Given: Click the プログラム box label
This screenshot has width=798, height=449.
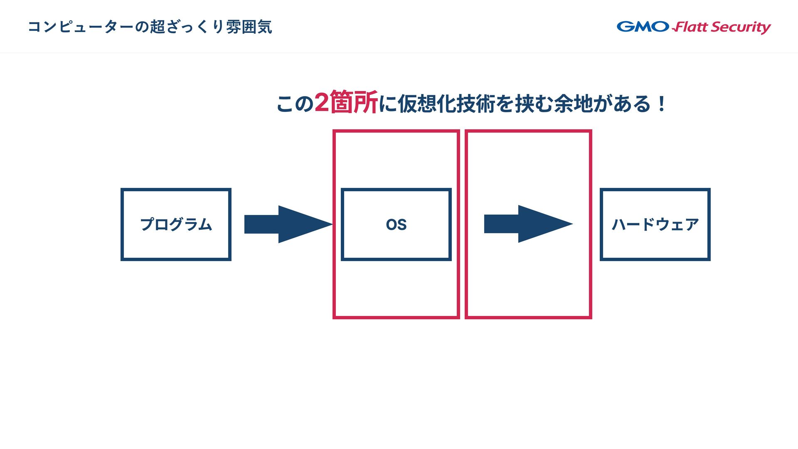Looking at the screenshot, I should click(176, 224).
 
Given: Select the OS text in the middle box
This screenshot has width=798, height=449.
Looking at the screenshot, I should click(396, 225).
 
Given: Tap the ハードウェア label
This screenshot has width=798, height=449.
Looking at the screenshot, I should click(655, 224).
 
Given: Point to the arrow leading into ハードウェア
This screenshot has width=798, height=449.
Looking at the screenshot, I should click(528, 224).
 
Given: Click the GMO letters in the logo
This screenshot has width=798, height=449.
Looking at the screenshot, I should click(643, 27).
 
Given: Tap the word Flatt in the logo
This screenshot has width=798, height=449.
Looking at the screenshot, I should click(690, 27).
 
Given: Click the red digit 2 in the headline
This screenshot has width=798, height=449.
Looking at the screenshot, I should click(321, 103).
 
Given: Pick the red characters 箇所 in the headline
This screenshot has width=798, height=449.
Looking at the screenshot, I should click(354, 103).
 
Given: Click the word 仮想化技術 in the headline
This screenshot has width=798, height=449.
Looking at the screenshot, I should click(447, 104).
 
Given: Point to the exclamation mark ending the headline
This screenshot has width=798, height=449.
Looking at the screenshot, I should click(661, 104).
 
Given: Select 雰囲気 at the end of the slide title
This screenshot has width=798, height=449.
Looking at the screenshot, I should click(249, 27).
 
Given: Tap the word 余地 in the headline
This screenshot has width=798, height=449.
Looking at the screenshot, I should click(574, 104).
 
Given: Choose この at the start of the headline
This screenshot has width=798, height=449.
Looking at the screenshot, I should click(295, 104).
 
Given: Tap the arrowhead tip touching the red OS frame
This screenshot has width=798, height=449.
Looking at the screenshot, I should click(330, 224).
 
